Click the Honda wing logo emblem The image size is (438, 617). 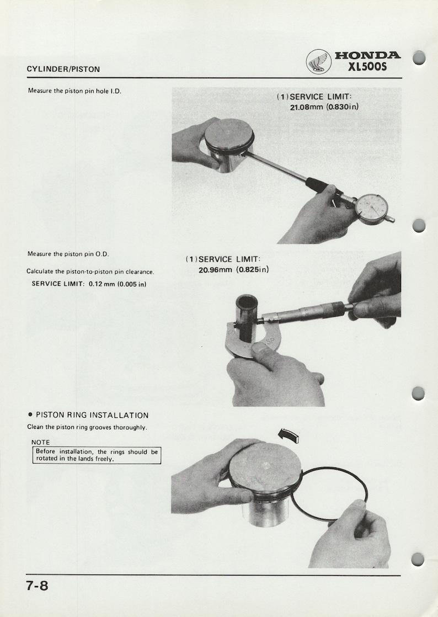319,61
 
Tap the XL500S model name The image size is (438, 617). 368,67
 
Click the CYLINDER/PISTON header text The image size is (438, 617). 63,69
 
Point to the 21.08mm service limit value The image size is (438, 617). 307,107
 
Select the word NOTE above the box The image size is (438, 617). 41,442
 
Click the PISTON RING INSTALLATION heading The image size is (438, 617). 92,415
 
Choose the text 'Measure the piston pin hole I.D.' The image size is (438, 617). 74,91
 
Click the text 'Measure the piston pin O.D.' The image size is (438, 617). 68,254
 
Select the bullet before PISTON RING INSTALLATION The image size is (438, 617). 30,415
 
